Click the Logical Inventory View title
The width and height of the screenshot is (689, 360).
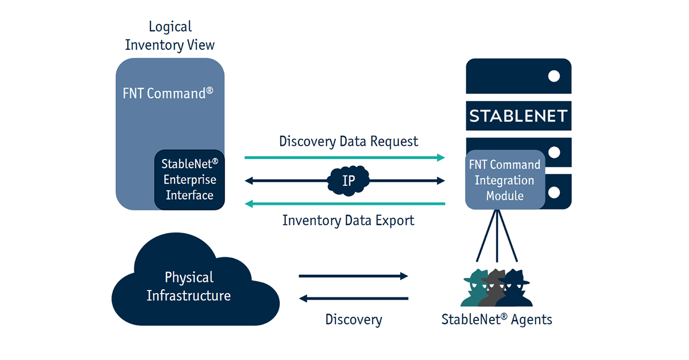tap(170, 36)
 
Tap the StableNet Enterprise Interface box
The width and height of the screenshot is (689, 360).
tap(189, 180)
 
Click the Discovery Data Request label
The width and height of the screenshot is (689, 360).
tap(349, 141)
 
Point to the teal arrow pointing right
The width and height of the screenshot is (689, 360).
tap(344, 157)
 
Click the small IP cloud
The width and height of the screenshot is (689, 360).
tap(349, 181)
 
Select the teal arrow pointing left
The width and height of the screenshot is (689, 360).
tap(344, 203)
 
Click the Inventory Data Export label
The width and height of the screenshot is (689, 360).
tap(348, 220)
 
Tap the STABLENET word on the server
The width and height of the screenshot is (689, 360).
tap(518, 116)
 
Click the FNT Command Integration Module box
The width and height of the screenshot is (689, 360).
tap(505, 180)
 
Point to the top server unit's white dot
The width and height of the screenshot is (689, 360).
tap(554, 76)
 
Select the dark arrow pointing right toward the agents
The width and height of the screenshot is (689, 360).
tap(353, 276)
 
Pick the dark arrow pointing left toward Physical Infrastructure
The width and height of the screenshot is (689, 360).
tap(353, 299)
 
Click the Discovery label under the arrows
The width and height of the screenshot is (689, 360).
tap(353, 320)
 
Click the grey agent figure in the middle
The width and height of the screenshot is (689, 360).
tap(496, 287)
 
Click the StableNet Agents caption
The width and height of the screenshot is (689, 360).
tap(497, 320)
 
